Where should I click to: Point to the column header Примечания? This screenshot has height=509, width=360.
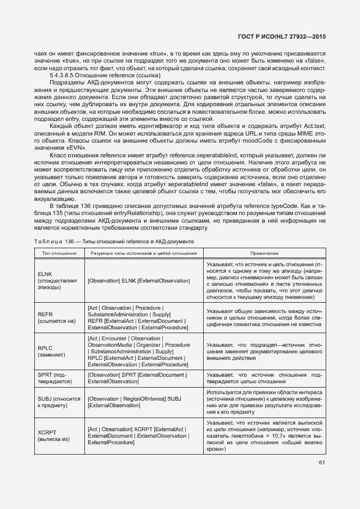[264, 253]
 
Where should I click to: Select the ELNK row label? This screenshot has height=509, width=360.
[44, 273]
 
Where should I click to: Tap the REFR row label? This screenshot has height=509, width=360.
[45, 315]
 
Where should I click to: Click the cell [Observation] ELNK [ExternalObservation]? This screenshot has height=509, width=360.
[138, 280]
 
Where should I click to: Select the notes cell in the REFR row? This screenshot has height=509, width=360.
[264, 318]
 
